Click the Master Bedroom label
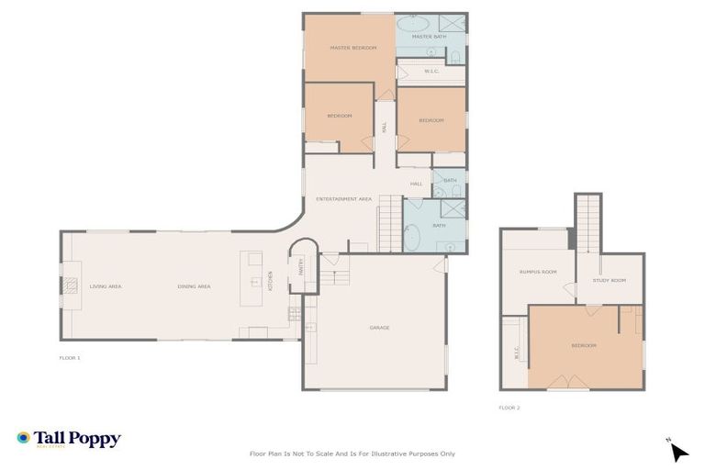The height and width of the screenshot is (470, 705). point(353,48)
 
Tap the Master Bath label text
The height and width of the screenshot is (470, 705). point(428,37)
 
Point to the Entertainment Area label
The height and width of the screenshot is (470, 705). point(343,198)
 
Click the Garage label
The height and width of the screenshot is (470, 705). point(379,328)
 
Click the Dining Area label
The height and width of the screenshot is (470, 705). point(194,286)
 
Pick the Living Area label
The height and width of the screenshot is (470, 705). point(106,286)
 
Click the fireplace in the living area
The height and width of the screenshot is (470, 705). point(71,285)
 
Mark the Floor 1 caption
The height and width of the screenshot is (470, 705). point(70,357)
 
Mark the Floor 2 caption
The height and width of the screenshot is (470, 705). point(509,407)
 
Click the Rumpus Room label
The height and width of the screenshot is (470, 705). point(538,272)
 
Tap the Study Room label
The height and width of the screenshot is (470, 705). point(609,280)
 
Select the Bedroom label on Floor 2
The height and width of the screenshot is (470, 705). point(584,345)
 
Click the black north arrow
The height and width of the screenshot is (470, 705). point(678,452)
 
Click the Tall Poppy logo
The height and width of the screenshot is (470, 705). point(69,440)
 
